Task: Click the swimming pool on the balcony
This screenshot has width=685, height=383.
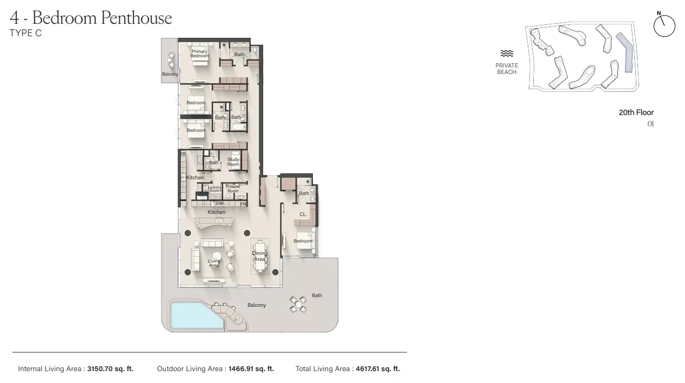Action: pyautogui.click(x=196, y=315)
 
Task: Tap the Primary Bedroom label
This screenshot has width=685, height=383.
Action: pyautogui.click(x=199, y=53)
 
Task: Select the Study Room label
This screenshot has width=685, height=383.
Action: pyautogui.click(x=233, y=162)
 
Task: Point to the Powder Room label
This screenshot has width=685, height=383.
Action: pyautogui.click(x=233, y=189)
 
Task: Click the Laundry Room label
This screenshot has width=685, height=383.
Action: pyautogui.click(x=214, y=189)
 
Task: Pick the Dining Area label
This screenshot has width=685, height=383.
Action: pyautogui.click(x=260, y=256)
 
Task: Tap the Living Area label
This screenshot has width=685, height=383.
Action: pyautogui.click(x=214, y=263)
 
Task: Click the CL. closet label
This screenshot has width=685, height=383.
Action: pyautogui.click(x=303, y=214)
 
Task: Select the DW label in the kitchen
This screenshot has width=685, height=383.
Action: pyautogui.click(x=220, y=203)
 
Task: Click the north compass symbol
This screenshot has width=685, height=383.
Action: pyautogui.click(x=664, y=25)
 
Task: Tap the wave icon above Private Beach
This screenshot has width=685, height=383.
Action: pyautogui.click(x=506, y=53)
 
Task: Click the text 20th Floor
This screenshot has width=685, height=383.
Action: pyautogui.click(x=636, y=112)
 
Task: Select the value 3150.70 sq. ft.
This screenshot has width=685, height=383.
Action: pyautogui.click(x=110, y=369)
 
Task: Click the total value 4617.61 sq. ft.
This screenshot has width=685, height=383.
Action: pyautogui.click(x=377, y=369)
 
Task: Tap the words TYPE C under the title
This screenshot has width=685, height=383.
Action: pyautogui.click(x=25, y=33)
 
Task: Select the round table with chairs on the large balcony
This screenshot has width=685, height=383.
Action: pyautogui.click(x=298, y=304)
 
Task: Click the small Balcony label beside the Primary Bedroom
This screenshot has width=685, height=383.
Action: pyautogui.click(x=170, y=74)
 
